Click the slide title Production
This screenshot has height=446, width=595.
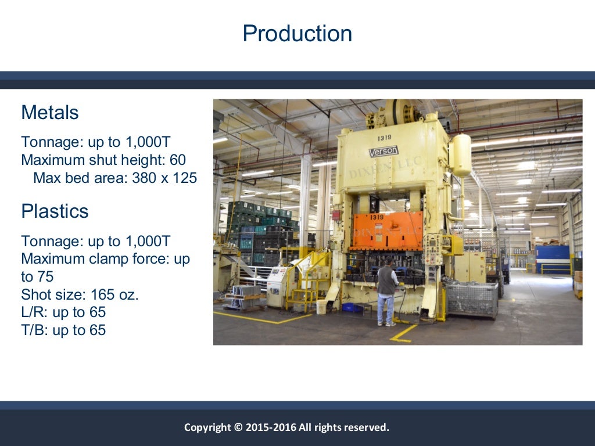(x=297, y=34)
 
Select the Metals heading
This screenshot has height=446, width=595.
(x=49, y=112)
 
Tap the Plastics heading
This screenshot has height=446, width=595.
(x=55, y=211)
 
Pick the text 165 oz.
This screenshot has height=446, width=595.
(x=114, y=294)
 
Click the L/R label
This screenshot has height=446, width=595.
(x=34, y=312)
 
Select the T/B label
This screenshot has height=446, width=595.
(x=34, y=330)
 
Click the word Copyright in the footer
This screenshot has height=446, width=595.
(x=207, y=427)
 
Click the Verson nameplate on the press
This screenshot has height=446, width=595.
(x=383, y=152)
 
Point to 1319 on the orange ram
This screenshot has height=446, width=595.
(x=376, y=217)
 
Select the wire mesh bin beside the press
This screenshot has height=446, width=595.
(x=471, y=298)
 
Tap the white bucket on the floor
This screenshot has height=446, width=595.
(x=321, y=307)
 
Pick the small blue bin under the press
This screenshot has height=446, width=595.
(x=350, y=307)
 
